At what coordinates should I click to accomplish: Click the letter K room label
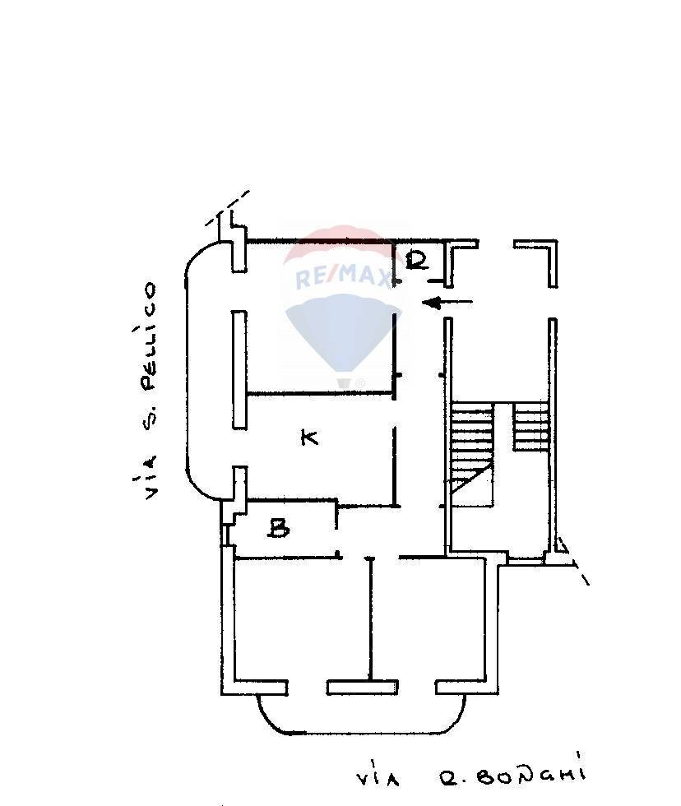pyautogui.click(x=309, y=437)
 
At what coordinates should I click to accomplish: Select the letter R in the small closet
pyautogui.click(x=417, y=261)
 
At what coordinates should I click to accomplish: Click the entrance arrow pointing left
pyautogui.click(x=447, y=303)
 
